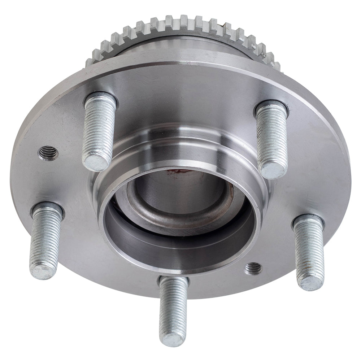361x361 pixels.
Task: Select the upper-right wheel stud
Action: click(x=272, y=139)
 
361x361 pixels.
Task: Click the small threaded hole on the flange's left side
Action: click(x=48, y=153)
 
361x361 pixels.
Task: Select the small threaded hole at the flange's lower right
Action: click(x=253, y=268)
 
